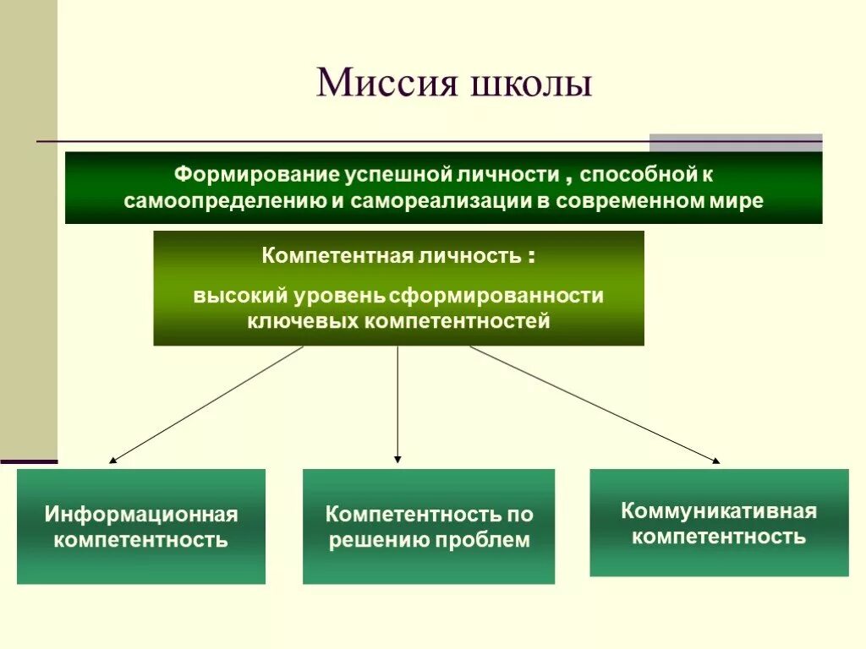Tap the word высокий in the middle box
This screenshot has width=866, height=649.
tap(239, 297)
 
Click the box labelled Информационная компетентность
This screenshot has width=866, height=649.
tap(141, 526)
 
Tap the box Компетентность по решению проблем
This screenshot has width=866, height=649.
tap(429, 526)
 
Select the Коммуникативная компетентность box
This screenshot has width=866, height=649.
tap(719, 523)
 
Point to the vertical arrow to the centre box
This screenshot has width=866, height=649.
tap(397, 405)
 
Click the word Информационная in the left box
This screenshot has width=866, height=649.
tap(141, 514)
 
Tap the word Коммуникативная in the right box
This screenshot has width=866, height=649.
tap(719, 510)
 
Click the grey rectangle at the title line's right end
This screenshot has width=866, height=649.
tap(735, 142)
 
